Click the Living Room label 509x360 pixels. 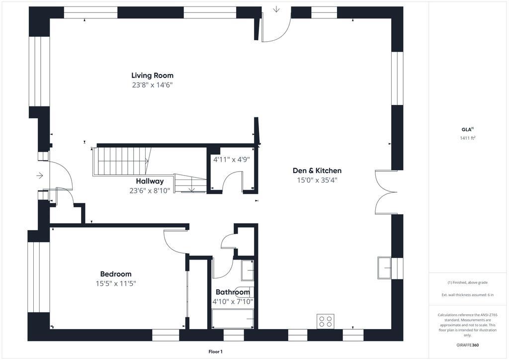[152, 76]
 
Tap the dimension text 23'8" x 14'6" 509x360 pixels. [152, 85]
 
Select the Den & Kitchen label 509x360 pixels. [317, 171]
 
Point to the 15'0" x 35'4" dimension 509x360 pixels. [317, 180]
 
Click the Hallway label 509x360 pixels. [150, 181]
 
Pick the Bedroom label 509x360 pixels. [115, 274]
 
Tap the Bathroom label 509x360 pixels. [233, 292]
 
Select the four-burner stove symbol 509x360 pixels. [326, 321]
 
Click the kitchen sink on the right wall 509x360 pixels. [384, 268]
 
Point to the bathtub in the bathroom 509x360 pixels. [233, 319]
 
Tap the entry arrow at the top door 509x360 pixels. [276, 9]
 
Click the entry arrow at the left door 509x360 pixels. [40, 176]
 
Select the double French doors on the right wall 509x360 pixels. [386, 192]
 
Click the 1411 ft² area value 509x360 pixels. [468, 138]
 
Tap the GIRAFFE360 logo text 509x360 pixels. [467, 345]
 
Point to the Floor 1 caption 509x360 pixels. [216, 352]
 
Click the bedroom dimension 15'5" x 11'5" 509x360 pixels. [115, 284]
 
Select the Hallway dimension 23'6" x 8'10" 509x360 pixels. [150, 191]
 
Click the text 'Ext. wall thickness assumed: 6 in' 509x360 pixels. [467, 295]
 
